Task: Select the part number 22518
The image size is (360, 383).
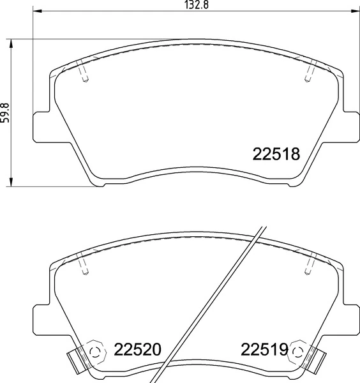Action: point(276,154)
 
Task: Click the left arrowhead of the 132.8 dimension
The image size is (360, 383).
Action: point(36,11)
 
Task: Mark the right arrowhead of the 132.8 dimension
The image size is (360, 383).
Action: point(356,11)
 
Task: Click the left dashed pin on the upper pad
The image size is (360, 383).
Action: point(84,71)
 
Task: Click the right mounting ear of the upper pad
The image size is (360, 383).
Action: point(350,125)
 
